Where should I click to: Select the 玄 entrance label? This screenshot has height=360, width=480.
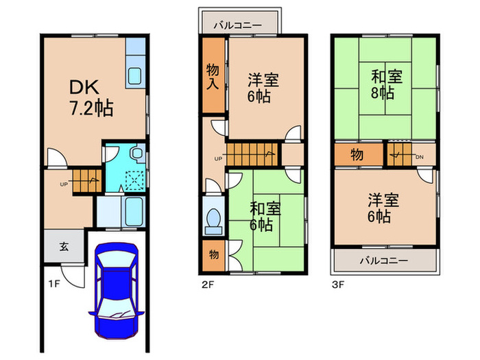click(62, 248)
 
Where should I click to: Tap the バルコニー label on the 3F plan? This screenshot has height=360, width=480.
click(384, 261)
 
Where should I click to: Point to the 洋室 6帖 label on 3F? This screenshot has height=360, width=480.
click(384, 208)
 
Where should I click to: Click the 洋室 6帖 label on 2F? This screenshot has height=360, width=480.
click(259, 87)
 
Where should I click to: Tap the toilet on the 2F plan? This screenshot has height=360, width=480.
click(213, 219)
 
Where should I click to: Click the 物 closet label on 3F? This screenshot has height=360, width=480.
click(357, 154)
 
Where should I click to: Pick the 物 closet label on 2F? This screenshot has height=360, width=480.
click(213, 255)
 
